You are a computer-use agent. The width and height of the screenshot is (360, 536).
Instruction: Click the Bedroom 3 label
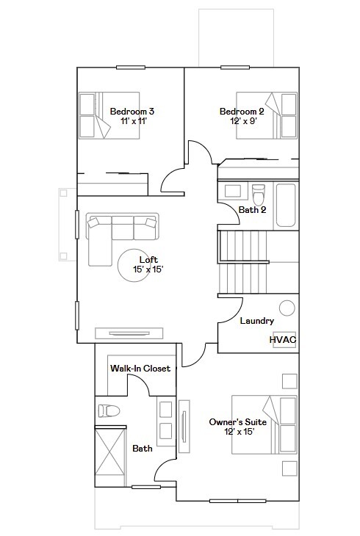point(132,112)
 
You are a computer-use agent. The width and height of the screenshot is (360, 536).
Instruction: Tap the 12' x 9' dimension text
point(244,121)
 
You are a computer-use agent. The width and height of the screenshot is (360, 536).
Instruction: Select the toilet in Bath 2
point(259,194)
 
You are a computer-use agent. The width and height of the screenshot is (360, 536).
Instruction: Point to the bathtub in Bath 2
point(286,206)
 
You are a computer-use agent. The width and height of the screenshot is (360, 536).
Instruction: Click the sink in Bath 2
point(232,191)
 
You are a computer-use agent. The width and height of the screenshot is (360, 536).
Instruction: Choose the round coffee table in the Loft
point(134,265)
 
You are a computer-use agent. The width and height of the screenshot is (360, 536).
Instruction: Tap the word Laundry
point(257,321)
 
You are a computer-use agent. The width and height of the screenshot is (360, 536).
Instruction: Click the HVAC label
point(283,340)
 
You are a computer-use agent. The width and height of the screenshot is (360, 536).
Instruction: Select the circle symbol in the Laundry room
point(287,308)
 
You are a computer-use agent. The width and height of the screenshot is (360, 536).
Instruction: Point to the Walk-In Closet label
point(140,368)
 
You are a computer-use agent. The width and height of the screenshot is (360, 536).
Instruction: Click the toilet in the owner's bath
point(109,410)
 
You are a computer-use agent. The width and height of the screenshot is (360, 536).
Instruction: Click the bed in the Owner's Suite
point(264,424)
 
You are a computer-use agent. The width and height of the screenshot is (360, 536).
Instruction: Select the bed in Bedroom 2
point(267,115)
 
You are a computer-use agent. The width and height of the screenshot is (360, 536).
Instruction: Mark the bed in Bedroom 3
point(109,115)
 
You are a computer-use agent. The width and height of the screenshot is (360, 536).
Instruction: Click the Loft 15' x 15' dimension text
point(148,269)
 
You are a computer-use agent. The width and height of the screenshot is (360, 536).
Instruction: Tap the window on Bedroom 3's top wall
point(131,68)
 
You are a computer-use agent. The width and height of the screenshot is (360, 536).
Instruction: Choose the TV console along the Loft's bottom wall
point(129,333)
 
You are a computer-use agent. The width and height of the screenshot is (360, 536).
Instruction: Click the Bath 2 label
point(252,209)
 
